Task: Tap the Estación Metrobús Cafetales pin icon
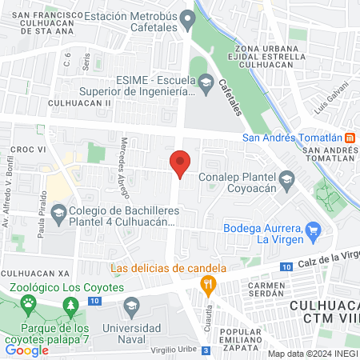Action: coord(187,17)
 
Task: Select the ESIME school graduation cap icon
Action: coord(206,83)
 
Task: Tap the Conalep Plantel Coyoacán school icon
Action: coord(287,178)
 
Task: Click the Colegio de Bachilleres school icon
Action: coord(58,214)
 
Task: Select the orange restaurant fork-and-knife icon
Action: coord(208,282)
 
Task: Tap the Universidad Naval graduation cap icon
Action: coord(132,305)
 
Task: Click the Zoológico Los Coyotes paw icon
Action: coord(30,302)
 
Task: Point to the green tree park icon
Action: coord(71,305)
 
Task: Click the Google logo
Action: coord(27,350)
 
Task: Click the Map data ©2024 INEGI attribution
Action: coord(312,354)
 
